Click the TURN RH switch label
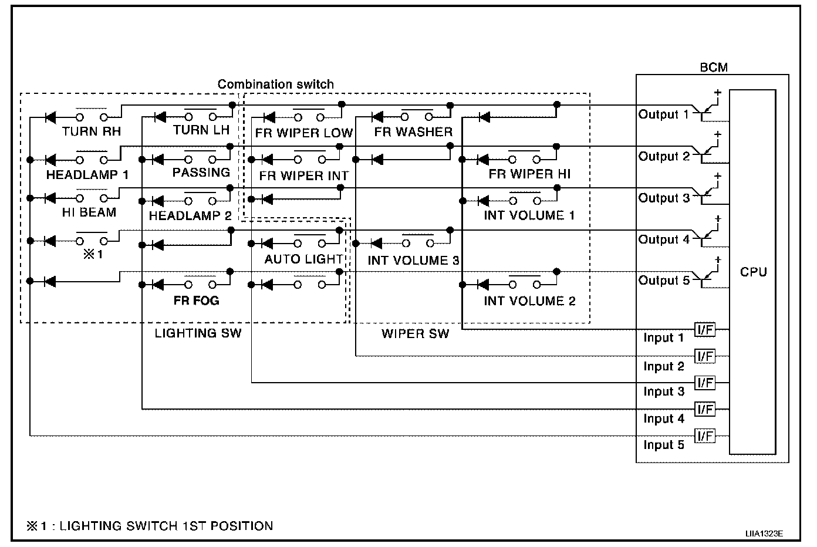91,131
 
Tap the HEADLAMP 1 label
87,174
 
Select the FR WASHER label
413,132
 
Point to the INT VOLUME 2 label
529,301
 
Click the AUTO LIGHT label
303,259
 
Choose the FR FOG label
196,300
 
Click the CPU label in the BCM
753,272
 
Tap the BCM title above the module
714,67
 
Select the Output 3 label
664,198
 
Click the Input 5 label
664,445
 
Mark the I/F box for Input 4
704,409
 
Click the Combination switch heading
275,84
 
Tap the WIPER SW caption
415,334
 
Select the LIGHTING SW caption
198,333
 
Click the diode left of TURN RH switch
50,118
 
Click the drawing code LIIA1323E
764,534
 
